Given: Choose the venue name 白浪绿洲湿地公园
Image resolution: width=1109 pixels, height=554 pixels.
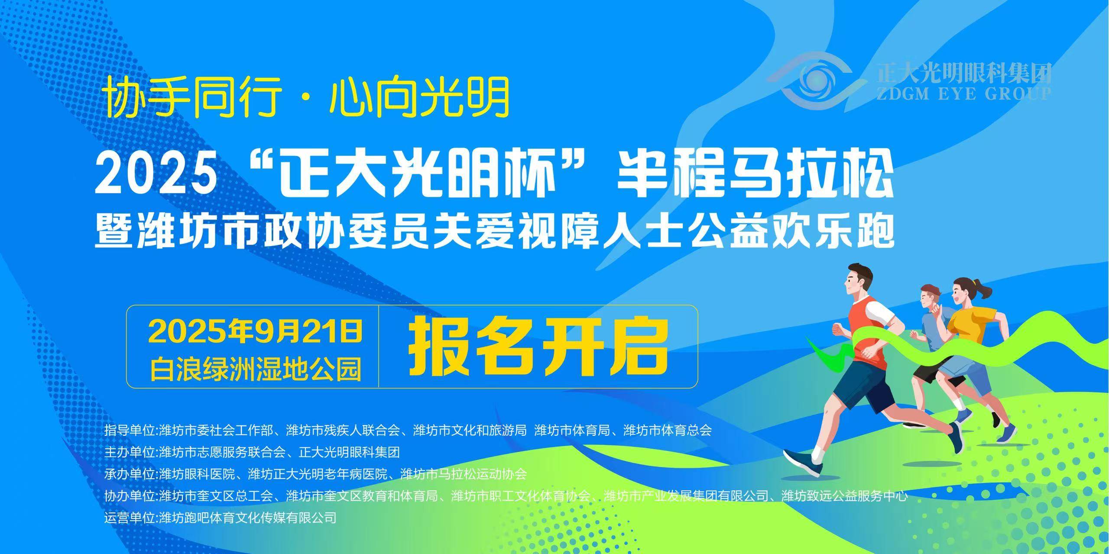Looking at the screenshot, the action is (x=256, y=370).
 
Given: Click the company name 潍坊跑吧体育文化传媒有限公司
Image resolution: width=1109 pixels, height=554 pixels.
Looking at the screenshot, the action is (x=248, y=517).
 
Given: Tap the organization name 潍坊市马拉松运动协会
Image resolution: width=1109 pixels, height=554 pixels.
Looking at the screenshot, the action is (x=463, y=474).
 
